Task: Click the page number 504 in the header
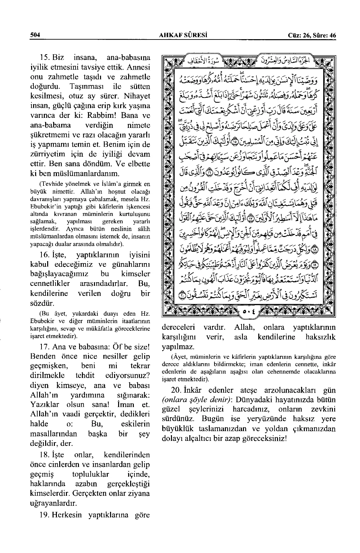point(35,35)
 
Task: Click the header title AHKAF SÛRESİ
point(182,35)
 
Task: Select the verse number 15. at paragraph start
point(44,57)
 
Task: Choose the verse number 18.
point(44,455)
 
